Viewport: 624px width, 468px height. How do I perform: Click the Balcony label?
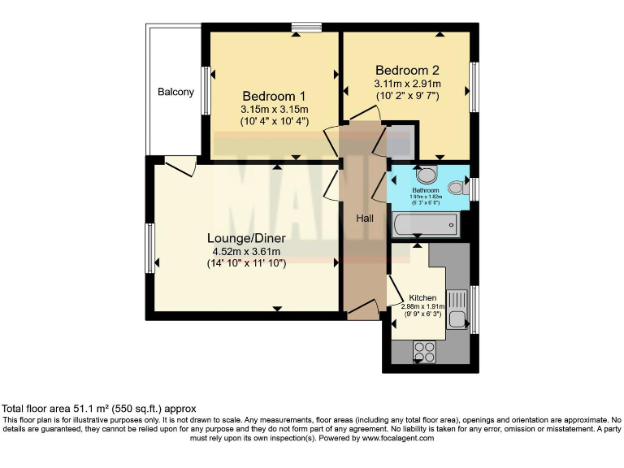(175, 92)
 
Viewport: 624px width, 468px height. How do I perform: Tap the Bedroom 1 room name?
(274, 95)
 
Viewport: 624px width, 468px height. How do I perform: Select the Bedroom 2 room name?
(406, 70)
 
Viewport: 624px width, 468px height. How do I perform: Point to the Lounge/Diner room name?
(245, 238)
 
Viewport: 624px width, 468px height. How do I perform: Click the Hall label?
(365, 219)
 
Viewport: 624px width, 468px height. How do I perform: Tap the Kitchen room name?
(422, 297)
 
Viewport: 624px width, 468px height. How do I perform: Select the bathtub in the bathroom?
(425, 224)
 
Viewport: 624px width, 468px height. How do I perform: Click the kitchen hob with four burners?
(424, 350)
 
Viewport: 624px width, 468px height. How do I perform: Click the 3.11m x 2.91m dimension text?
(406, 84)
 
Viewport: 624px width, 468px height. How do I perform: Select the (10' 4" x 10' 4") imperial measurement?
(274, 122)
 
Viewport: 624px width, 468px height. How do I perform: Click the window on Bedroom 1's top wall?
(307, 28)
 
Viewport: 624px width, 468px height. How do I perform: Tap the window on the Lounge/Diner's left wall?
(149, 248)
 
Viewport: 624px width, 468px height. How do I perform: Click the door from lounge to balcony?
(180, 165)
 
